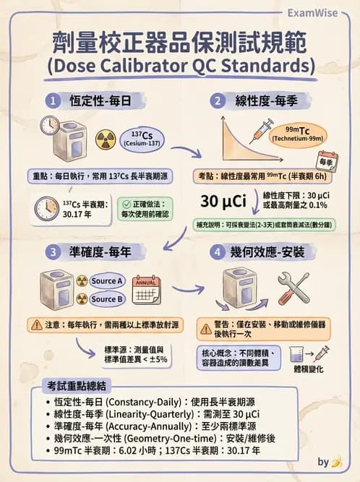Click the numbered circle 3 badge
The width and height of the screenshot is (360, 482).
click(x=52, y=253)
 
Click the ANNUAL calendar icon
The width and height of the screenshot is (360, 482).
click(x=147, y=288)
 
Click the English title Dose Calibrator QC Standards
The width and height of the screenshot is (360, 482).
click(x=181, y=66)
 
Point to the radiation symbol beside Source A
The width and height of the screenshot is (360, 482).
click(x=81, y=280)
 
